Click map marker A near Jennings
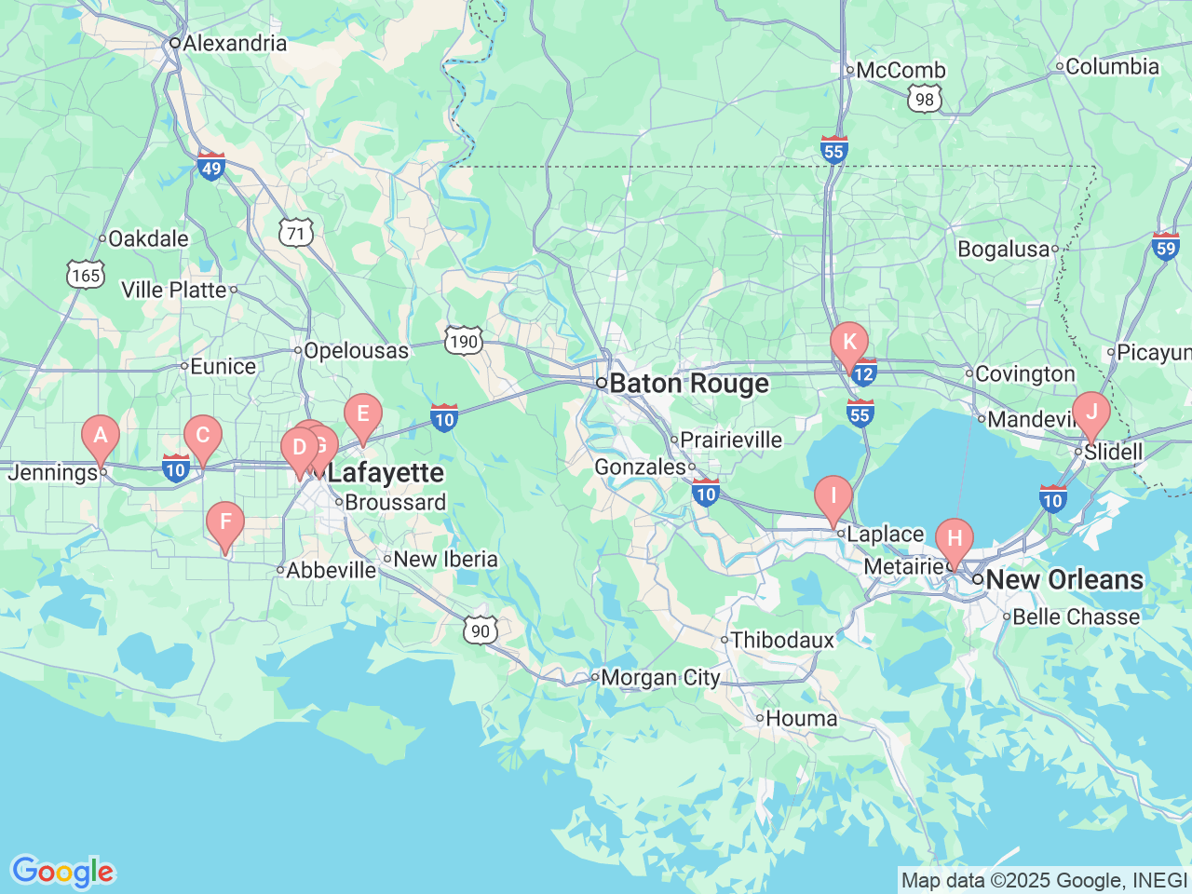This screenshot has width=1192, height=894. point(101,436)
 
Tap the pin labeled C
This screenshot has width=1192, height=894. point(202,436)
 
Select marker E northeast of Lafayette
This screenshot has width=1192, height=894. point(363,414)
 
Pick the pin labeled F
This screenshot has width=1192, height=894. point(224,522)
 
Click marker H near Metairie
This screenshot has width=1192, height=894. point(954,539)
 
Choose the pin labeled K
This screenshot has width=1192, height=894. point(849,342)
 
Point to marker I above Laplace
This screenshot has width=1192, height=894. point(833,496)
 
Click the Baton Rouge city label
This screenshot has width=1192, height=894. point(689,384)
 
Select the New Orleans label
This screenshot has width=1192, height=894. point(1063,579)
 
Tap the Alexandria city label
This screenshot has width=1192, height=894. point(235,43)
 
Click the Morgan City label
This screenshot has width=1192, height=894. point(660,678)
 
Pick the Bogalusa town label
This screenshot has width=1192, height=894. point(1003,250)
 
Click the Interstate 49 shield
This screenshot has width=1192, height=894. point(211,167)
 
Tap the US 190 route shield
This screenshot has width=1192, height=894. point(463,341)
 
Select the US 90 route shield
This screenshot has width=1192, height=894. point(481,630)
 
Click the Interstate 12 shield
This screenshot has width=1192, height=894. point(864,373)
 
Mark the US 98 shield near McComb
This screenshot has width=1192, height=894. point(924,100)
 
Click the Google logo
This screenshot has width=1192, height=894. point(62,873)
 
